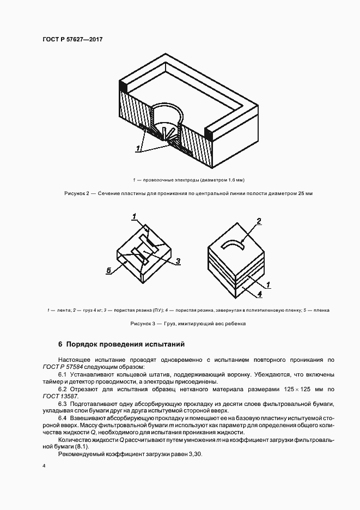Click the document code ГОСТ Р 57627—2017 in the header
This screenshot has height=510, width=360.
pos(72,40)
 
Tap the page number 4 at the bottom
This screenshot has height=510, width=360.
pos(43,466)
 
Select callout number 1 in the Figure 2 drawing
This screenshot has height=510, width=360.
pos(139,148)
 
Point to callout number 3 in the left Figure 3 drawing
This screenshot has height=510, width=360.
pos(178,262)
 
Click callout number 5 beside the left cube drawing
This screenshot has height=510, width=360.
pos(109,270)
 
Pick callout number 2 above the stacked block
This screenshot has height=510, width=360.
pos(259,221)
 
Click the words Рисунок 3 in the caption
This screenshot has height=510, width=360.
pos(143,324)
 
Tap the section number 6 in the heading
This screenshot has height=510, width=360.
pos(60,344)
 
